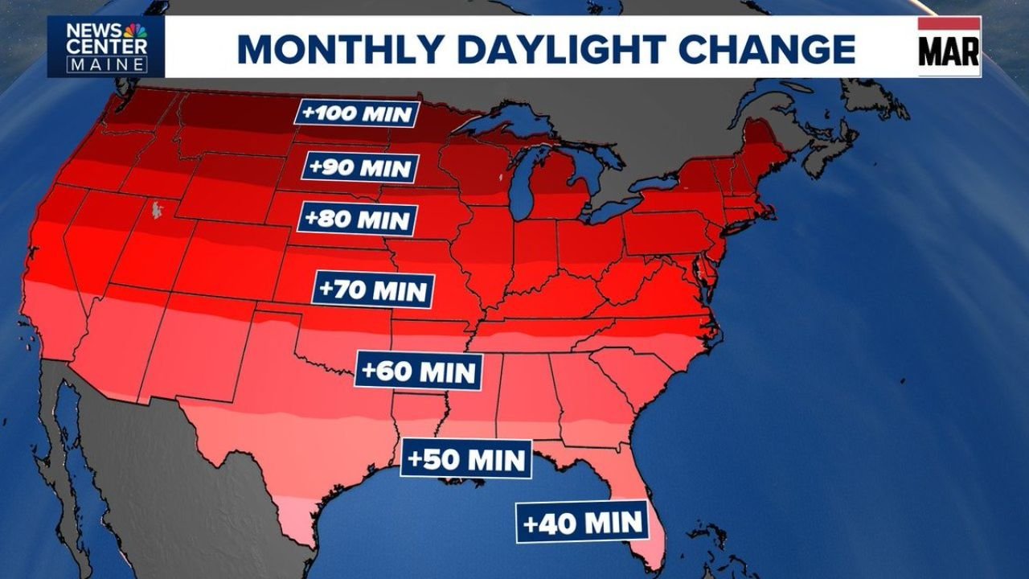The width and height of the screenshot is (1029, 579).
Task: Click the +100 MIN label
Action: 357,113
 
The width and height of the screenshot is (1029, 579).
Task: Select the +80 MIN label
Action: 358,219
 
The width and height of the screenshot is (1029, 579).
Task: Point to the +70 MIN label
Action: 374,290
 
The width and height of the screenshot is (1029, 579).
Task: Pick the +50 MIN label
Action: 466,459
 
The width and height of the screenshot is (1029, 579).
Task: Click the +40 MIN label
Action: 583,522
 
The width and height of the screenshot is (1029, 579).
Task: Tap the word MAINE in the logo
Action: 107,65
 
